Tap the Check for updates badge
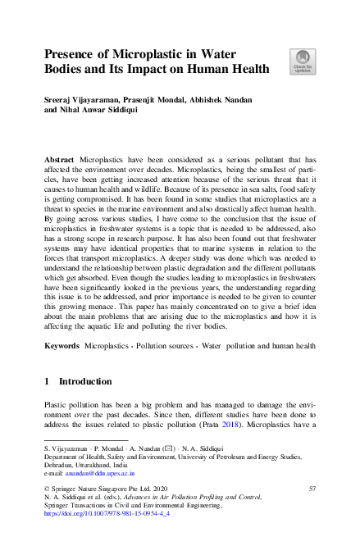point(301,61)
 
